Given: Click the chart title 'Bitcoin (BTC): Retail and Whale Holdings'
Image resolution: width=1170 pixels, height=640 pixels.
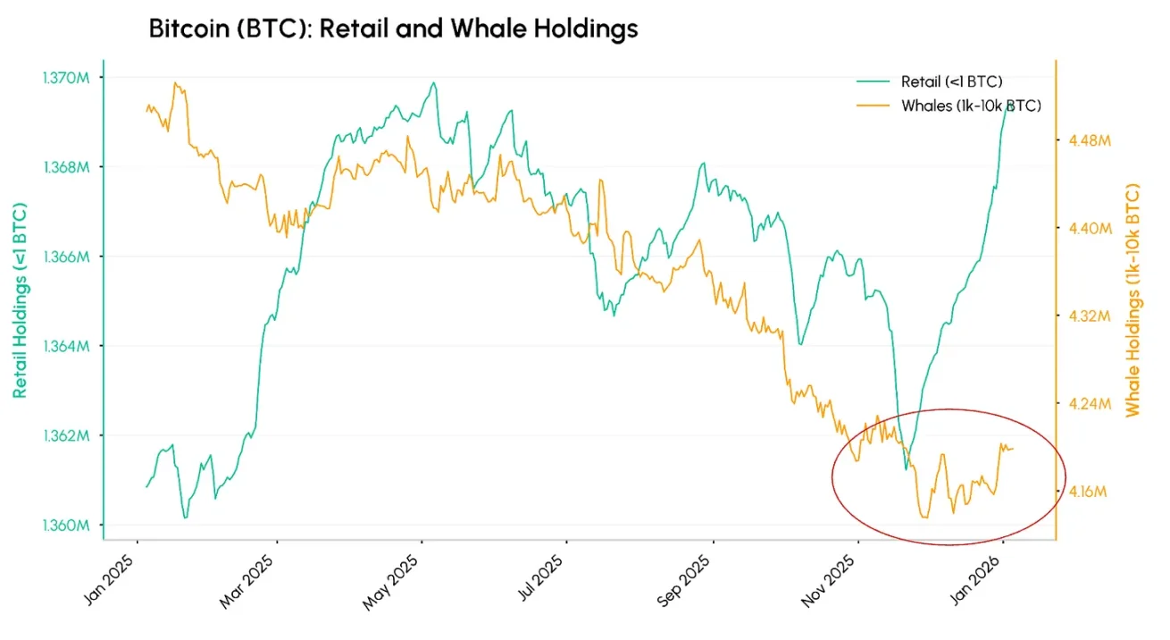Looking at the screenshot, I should pos(393,29).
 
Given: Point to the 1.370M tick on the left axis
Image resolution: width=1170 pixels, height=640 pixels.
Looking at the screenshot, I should pos(65,78).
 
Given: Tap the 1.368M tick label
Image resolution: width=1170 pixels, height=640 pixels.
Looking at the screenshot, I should pos(65,167).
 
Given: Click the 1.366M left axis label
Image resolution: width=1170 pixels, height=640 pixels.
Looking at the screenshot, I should pos(65,257).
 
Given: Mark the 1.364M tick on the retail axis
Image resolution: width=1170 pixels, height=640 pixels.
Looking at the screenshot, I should pos(65,346).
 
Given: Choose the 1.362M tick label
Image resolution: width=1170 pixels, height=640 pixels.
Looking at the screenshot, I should pos(65,436).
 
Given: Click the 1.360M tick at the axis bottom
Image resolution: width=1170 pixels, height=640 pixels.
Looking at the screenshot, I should pos(65,526).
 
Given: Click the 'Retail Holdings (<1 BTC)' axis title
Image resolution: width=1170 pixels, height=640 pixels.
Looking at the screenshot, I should pos(20,300).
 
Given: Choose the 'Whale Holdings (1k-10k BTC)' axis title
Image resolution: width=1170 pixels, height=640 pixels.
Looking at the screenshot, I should pos(1133,300).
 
